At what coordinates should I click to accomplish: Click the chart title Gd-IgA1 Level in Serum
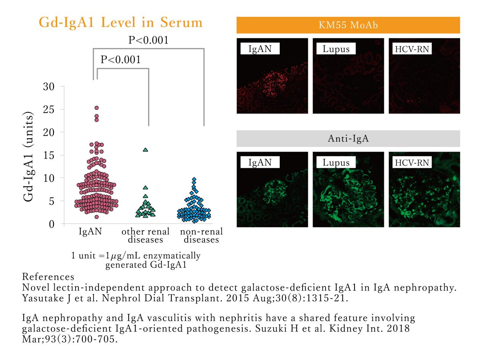point(121,23)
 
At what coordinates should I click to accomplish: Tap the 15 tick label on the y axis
point(48,155)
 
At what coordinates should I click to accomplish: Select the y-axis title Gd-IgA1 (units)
point(28,157)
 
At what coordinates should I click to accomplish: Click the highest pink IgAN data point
point(97,108)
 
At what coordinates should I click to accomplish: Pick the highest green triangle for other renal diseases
point(145,150)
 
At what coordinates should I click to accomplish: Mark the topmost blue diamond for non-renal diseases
point(194,179)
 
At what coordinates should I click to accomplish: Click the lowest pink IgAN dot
point(97,217)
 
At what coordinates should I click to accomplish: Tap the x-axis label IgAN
point(90,231)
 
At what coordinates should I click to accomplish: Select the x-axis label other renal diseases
point(145,236)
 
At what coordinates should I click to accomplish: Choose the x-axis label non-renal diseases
point(202,236)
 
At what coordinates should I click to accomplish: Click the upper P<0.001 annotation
point(148,40)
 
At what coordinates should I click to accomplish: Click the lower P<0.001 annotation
point(121,60)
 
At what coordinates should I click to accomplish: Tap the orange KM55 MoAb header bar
point(348,25)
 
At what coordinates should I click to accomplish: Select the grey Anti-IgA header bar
point(348,139)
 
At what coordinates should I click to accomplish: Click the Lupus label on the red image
point(336,49)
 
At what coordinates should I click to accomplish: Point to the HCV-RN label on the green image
point(412,163)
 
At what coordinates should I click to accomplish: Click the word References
point(48,277)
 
